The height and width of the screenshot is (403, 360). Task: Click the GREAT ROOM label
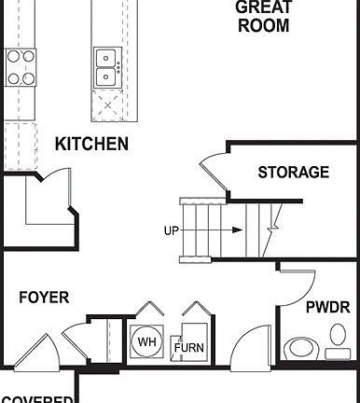264,17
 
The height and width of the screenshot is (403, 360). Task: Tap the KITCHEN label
91,145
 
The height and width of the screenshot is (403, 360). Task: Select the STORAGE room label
293,172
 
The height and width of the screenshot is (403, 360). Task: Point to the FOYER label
44,298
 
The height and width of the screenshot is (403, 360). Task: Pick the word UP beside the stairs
172,230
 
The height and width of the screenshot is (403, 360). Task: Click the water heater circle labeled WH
147,342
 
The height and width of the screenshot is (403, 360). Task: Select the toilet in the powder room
301,348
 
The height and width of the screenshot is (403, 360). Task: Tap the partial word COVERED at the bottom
37,398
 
